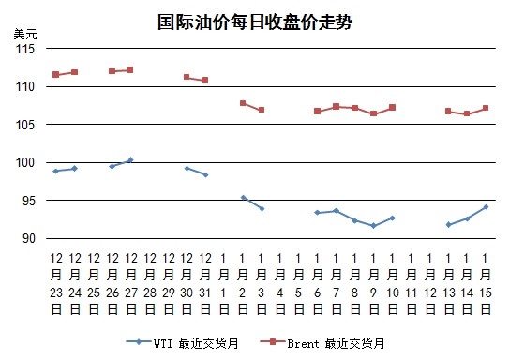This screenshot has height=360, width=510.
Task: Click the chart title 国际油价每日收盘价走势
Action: [x=255, y=22]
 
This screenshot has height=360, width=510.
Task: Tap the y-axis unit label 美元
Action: [x=25, y=34]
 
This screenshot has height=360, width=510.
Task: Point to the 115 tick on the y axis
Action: [x=25, y=49]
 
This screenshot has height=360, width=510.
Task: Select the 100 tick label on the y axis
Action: [x=25, y=162]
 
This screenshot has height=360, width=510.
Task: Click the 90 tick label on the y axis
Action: [x=29, y=238]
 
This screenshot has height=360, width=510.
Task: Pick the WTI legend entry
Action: [x=182, y=343]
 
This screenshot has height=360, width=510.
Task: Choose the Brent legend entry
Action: [x=322, y=343]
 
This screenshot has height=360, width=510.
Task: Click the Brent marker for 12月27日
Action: [x=130, y=70]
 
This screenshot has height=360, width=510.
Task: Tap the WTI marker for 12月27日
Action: [x=130, y=160]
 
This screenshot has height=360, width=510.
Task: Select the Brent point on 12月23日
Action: [x=56, y=75]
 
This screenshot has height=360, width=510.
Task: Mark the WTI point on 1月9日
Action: [x=373, y=226]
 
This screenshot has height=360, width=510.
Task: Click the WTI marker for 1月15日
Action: [x=486, y=207]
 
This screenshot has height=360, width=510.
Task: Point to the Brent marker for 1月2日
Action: [x=243, y=103]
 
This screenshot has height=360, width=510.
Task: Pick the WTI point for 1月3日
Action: [x=262, y=208]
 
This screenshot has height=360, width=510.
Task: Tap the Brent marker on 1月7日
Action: [x=337, y=106]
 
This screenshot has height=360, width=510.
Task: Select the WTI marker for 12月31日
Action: [x=205, y=175]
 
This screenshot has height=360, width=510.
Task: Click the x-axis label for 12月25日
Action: [x=94, y=284]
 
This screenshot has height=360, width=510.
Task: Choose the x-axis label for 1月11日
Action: [x=412, y=284]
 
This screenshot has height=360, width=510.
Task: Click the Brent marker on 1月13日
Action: [x=448, y=112]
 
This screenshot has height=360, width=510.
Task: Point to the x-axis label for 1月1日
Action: [x=223, y=284]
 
